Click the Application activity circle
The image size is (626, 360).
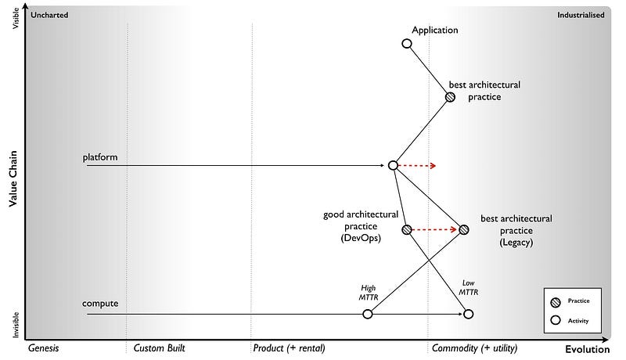pyautogui.click(x=406, y=44)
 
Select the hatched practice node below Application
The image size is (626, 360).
pyautogui.click(x=450, y=97)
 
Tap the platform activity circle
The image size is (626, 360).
pyautogui.click(x=393, y=165)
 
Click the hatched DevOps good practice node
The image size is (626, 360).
pyautogui.click(x=406, y=229)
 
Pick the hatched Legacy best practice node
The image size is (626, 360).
pyautogui.click(x=463, y=229)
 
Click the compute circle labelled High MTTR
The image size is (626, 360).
pyautogui.click(x=368, y=314)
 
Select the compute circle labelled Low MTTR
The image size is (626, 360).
pyautogui.click(x=468, y=314)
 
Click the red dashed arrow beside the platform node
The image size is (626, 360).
pyautogui.click(x=418, y=166)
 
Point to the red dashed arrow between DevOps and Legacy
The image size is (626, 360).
pyautogui.click(x=435, y=230)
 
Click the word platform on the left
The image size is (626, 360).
pyautogui.click(x=100, y=157)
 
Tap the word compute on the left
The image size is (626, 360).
pyautogui.click(x=100, y=303)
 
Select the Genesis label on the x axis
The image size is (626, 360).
pyautogui.click(x=44, y=347)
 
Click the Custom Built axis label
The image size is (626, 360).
pyautogui.click(x=160, y=347)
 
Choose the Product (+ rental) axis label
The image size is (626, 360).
pyautogui.click(x=289, y=347)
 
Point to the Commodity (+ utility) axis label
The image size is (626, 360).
pyautogui.click(x=475, y=347)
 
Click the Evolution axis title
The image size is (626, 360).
pyautogui.click(x=587, y=349)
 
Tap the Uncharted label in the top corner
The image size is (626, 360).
pyautogui.click(x=49, y=15)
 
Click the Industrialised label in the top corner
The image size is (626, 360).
pyautogui.click(x=580, y=15)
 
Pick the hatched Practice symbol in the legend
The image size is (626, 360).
pyautogui.click(x=556, y=301)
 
